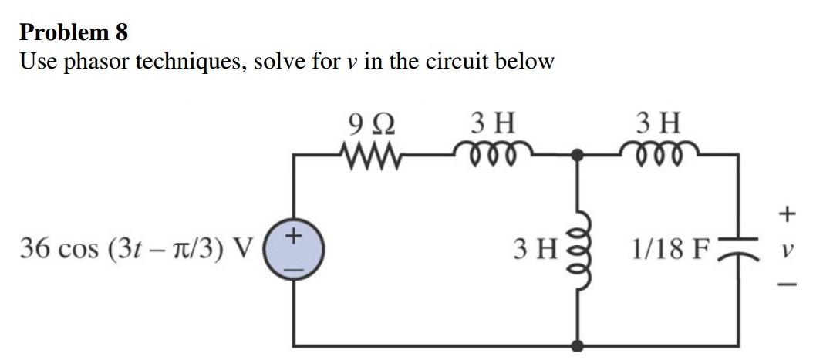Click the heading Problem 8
tap(74, 32)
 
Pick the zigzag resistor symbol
tap(369, 149)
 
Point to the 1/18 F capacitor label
tap(668, 251)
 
